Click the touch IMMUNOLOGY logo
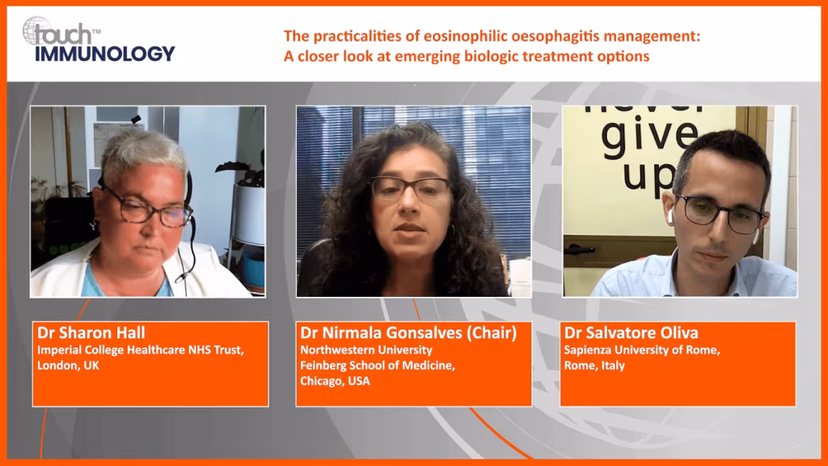click(x=98, y=40)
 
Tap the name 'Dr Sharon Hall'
click(x=91, y=333)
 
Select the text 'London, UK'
click(x=68, y=366)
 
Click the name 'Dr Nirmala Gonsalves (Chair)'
click(x=408, y=333)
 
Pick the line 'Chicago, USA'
click(x=335, y=382)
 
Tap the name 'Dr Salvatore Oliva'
click(x=631, y=333)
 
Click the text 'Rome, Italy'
click(x=594, y=366)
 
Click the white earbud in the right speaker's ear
click(x=670, y=216)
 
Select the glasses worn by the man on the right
click(x=720, y=213)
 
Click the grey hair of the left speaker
click(x=142, y=150)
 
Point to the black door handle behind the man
click(x=579, y=249)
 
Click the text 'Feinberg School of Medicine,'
click(x=378, y=366)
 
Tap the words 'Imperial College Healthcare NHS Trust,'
click(x=141, y=350)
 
